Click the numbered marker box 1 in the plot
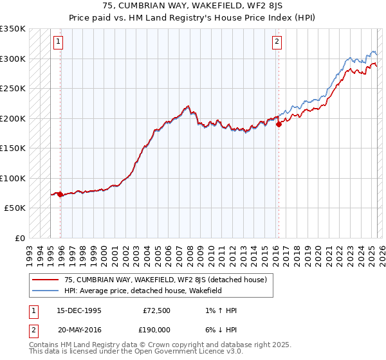click(x=59, y=42)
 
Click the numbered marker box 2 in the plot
click(x=277, y=42)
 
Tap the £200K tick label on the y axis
click(x=13, y=118)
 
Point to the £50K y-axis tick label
click(x=15, y=208)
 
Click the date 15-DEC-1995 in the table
click(x=79, y=310)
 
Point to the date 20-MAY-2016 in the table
click(x=79, y=329)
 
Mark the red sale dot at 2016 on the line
click(x=279, y=125)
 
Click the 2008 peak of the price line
click(x=187, y=106)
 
